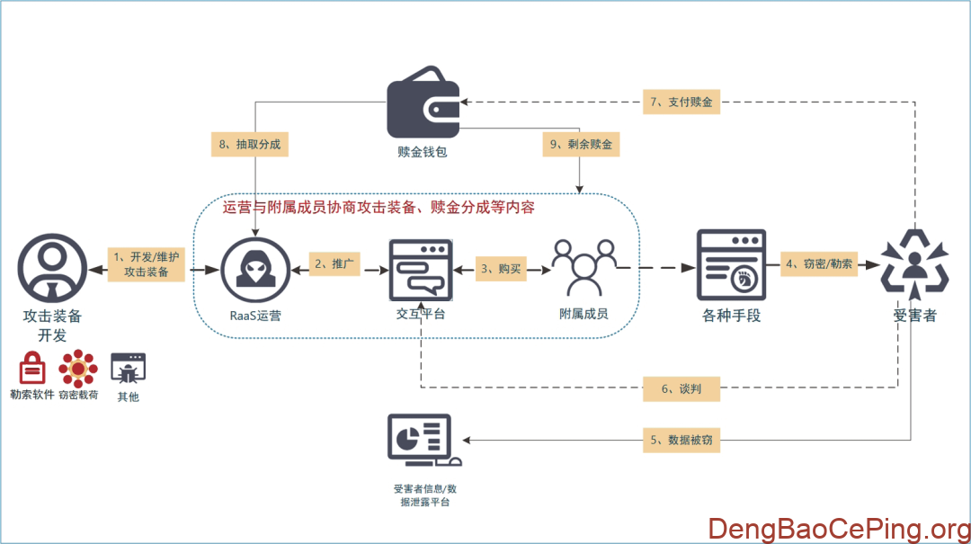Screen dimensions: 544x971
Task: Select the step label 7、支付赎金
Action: coord(682,102)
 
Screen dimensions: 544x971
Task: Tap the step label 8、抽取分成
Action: coord(249,144)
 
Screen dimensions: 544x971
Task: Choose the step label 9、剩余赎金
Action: coord(582,144)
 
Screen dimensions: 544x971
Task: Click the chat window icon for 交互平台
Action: coord(421,269)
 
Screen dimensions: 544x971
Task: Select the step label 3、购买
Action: coord(500,268)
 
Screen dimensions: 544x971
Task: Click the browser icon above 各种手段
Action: coord(731,264)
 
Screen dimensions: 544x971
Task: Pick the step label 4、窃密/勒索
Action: coord(817,263)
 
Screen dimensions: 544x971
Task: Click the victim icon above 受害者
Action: coord(914,263)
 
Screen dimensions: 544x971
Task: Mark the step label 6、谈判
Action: coord(681,388)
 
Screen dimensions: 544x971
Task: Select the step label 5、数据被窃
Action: coord(682,441)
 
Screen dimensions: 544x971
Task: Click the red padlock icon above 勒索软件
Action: coord(32,369)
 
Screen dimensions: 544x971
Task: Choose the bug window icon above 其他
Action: coord(128,369)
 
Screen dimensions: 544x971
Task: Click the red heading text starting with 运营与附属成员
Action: coord(379,208)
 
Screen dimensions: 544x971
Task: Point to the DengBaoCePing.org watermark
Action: coord(836,528)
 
